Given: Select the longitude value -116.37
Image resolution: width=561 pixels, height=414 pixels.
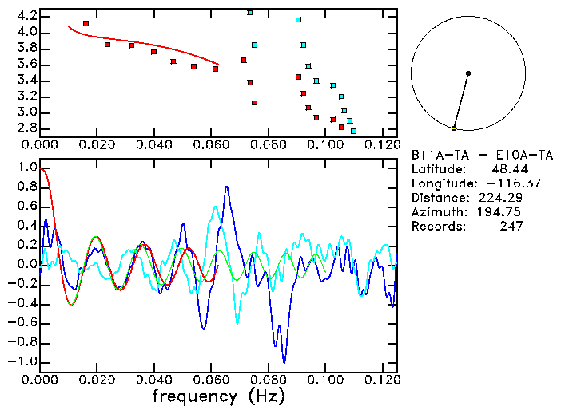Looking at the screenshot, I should [x=499, y=183].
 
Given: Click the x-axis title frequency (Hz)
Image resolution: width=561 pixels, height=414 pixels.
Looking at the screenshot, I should [x=218, y=396].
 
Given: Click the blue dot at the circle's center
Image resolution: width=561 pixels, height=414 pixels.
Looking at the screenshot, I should [x=468, y=73].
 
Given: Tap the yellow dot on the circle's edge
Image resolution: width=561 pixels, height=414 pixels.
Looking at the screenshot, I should [x=454, y=128].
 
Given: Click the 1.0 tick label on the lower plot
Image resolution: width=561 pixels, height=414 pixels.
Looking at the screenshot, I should [x=26, y=168].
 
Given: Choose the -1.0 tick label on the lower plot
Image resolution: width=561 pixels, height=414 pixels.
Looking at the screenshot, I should [x=24, y=361].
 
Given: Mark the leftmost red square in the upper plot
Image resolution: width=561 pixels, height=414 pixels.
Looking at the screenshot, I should [x=86, y=24].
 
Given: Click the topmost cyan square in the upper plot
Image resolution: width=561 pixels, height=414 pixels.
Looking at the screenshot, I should [x=250, y=12].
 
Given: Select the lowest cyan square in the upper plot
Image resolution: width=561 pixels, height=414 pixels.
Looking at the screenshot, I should [x=353, y=131].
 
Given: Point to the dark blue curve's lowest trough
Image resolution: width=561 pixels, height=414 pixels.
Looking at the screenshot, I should [x=284, y=361].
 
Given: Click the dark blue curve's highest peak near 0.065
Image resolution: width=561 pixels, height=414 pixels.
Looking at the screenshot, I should [x=227, y=187].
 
